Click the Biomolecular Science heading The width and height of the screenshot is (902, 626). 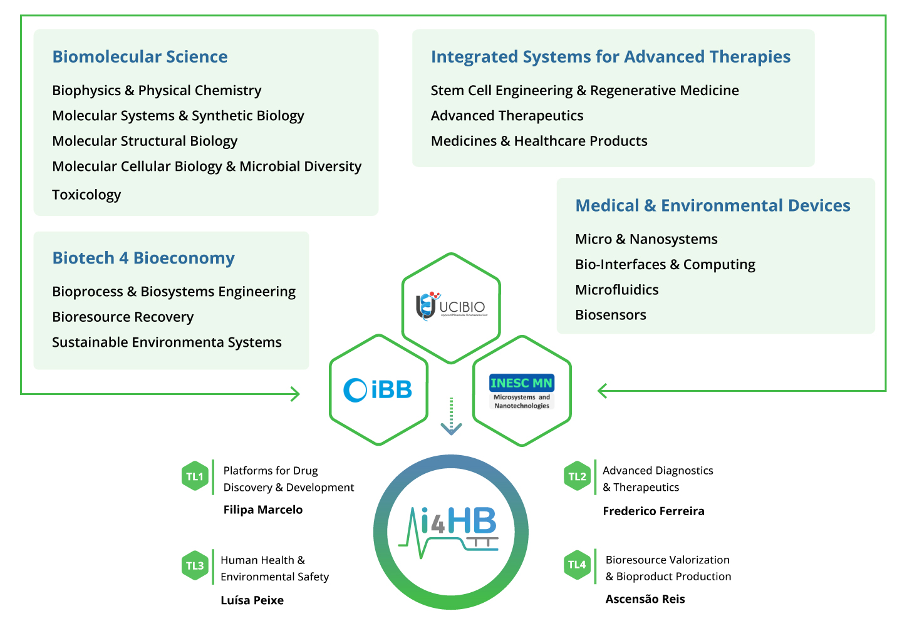pos(140,57)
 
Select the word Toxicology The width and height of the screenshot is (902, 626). pos(86,195)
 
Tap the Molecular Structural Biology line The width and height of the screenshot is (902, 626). pos(145,141)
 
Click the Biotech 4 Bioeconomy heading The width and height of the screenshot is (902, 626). pos(143,258)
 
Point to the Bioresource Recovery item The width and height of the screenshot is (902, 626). pos(123,317)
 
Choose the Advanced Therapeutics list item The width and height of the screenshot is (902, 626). pos(507,116)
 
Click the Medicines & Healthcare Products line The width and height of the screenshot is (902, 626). pos(539,141)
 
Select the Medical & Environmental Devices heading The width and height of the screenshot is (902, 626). pos(712,205)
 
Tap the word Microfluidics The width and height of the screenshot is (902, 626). pos(616,290)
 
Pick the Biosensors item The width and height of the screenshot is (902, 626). pos(610,315)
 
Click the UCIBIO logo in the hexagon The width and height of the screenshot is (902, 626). pos(451,307)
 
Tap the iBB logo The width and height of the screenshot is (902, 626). pos(378,390)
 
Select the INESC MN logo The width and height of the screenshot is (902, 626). pos(522,391)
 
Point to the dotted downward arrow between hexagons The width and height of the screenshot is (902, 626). pos(451,416)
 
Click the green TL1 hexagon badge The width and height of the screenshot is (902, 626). pos(195,476)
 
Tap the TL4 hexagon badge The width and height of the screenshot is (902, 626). pos(577,565)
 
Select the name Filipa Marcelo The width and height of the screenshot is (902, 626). pos(262,510)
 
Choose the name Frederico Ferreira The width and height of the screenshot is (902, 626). pos(653,511)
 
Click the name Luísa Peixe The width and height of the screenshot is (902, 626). pos(252,600)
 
